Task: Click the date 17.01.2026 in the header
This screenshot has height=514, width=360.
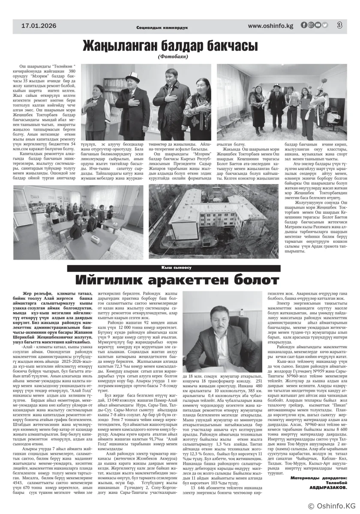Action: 39,26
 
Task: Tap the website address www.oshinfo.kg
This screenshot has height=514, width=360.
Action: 270,26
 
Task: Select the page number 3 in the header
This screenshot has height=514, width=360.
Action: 339,25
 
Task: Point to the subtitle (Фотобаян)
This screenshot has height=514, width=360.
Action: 173,56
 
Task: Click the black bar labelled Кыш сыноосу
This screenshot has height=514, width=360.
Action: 173,268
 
